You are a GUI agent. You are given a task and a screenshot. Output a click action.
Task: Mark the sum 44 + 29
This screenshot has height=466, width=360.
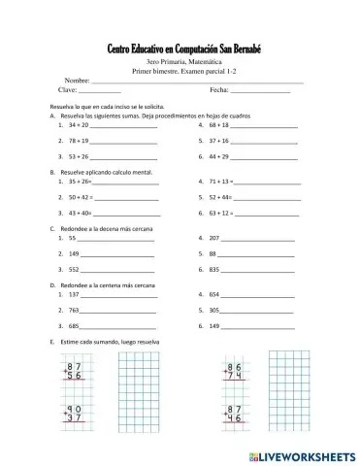[x=218, y=155]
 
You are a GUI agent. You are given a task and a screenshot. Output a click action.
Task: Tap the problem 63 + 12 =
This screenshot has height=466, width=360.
[x=220, y=212]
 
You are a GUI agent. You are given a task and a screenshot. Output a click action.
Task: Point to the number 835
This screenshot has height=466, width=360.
[x=214, y=268]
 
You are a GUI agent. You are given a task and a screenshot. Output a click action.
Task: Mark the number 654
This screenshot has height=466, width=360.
[x=214, y=294]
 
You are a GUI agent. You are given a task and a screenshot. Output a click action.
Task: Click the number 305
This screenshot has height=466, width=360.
[x=214, y=310]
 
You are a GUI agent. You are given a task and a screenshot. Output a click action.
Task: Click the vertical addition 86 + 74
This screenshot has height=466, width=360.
[x=233, y=371]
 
